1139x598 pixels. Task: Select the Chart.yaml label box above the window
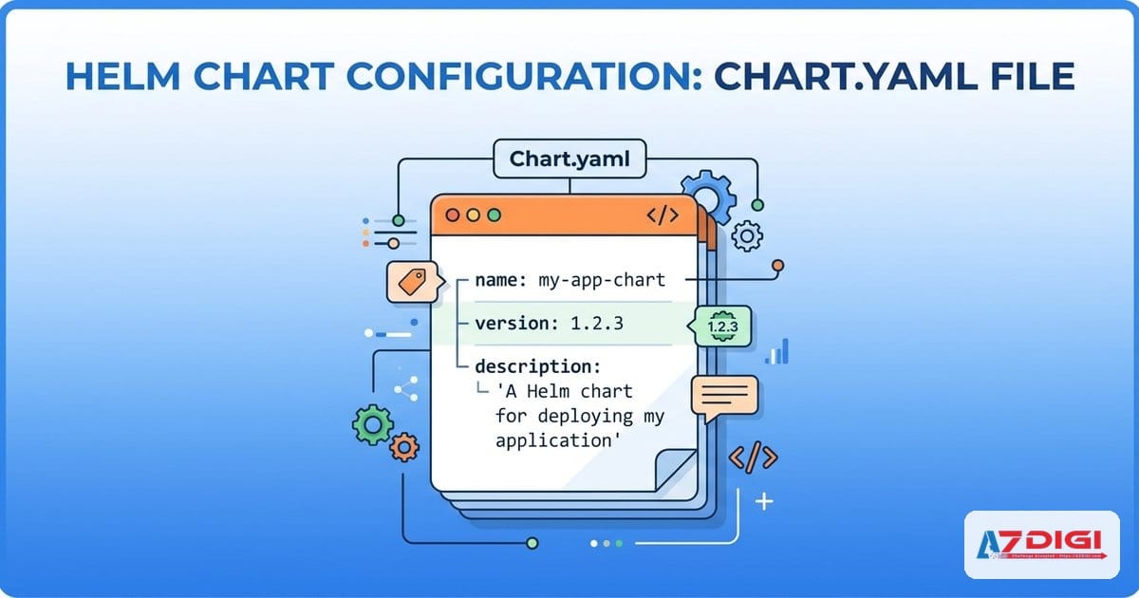(569, 159)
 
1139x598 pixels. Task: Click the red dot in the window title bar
(453, 215)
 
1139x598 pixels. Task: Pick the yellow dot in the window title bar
(473, 215)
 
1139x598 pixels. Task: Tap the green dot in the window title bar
(493, 215)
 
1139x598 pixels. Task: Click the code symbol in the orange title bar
(662, 215)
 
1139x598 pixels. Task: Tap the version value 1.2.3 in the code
(596, 323)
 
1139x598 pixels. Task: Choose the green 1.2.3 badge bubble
(724, 326)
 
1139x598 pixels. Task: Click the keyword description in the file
(537, 365)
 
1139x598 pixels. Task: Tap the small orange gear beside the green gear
(405, 446)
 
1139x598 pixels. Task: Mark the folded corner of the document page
(676, 470)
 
